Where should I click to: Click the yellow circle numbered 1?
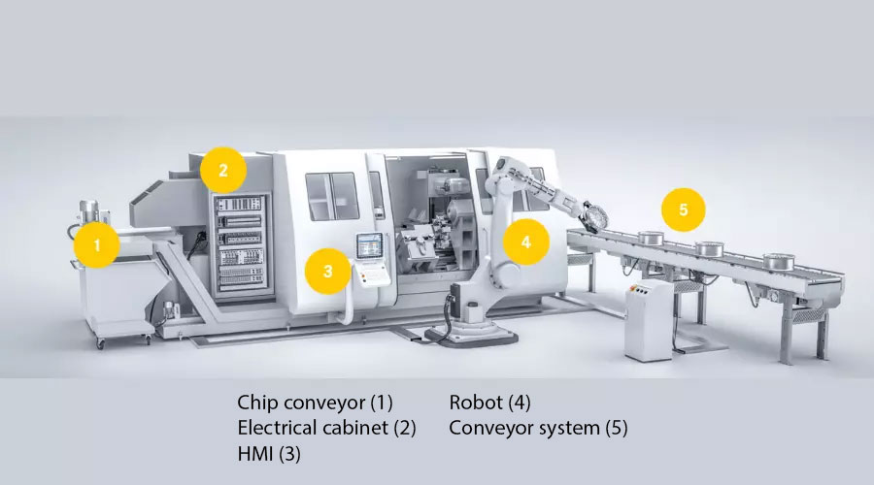tap(96, 245)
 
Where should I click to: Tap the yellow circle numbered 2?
tap(223, 171)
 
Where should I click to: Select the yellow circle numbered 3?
tap(328, 272)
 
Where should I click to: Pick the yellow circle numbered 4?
tap(526, 242)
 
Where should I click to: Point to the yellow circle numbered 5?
tap(684, 210)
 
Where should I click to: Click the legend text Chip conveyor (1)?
tap(315, 402)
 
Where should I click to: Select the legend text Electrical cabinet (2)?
tap(326, 428)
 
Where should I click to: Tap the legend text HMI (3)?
tap(269, 453)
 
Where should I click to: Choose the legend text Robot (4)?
tap(489, 402)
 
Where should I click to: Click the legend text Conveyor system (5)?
tap(538, 428)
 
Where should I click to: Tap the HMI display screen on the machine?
tap(370, 245)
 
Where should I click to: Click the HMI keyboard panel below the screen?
tap(373, 274)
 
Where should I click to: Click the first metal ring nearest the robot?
tap(651, 239)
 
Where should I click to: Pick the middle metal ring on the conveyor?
tap(709, 249)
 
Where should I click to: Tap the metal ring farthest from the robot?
tap(779, 262)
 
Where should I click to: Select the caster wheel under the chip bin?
tap(100, 343)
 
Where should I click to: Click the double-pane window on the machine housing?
tap(332, 196)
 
